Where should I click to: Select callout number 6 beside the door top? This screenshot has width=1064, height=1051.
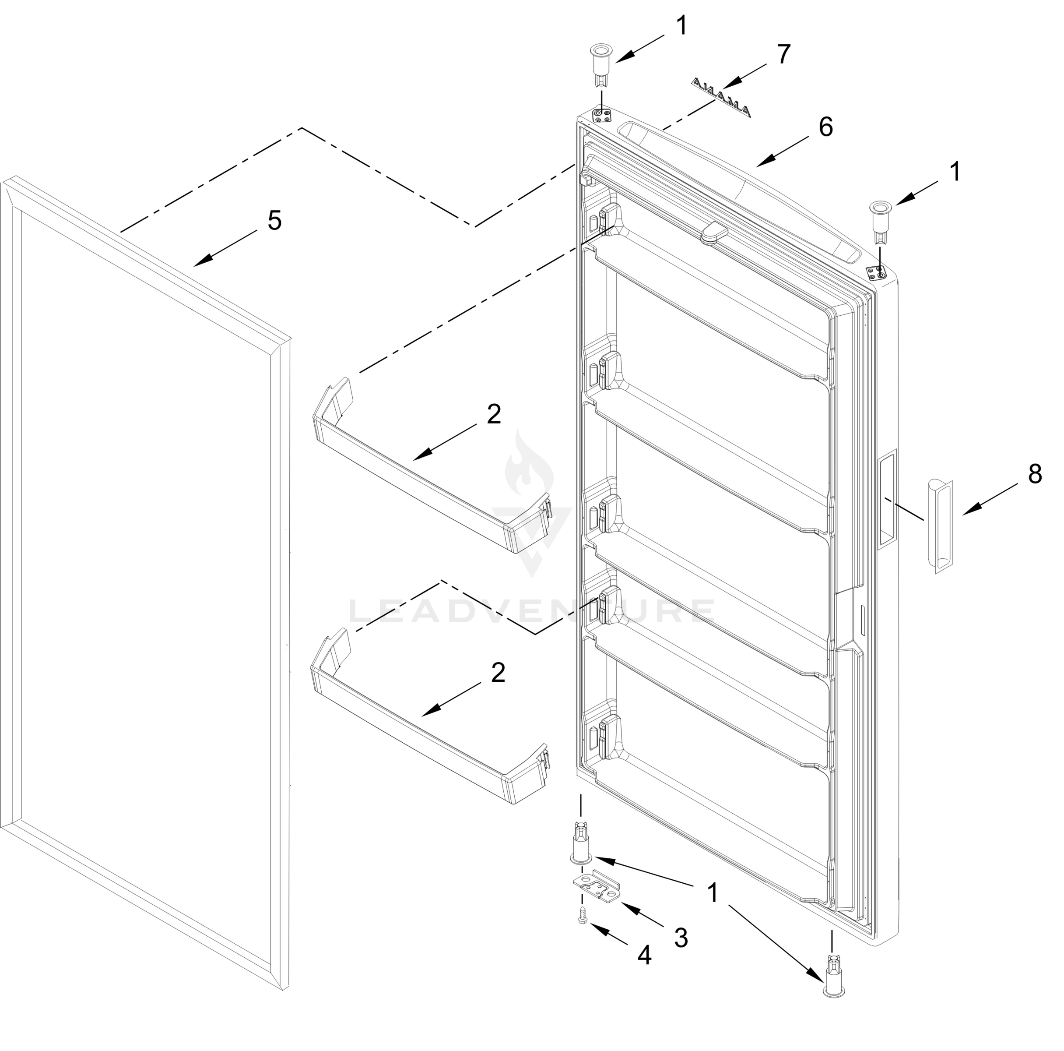[x=825, y=127]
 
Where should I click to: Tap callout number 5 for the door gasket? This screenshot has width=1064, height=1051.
[x=274, y=221]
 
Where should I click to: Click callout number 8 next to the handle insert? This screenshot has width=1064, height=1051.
[x=1035, y=474]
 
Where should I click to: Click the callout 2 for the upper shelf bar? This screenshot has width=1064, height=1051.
[x=494, y=414]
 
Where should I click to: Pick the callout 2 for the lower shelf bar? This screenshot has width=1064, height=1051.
[x=498, y=673]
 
